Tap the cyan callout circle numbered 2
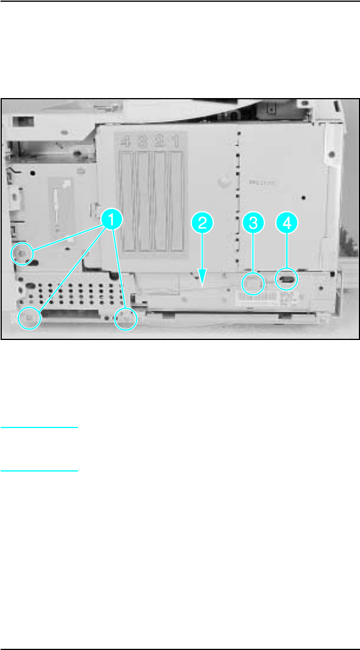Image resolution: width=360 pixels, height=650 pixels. (202, 223)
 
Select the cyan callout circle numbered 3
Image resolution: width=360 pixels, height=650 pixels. (253, 223)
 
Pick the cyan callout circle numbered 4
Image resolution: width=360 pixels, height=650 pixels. (286, 223)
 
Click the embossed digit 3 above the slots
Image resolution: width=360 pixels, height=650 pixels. (143, 142)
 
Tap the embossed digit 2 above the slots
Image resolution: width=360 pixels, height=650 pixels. (159, 142)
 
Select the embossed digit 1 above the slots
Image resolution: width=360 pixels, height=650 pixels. (175, 142)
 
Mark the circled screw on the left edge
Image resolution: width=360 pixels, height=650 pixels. (22, 252)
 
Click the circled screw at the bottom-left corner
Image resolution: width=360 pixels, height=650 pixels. (29, 318)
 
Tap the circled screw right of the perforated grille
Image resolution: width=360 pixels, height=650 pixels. (125, 319)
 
